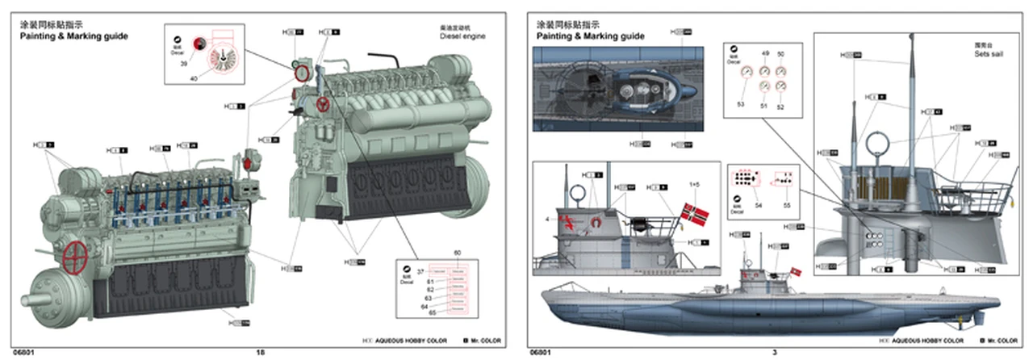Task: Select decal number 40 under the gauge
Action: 194,78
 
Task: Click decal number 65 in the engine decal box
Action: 432,312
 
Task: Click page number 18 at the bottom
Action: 260,352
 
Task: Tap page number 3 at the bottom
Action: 775,352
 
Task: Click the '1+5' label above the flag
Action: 694,185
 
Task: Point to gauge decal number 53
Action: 741,104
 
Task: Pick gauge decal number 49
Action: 765,53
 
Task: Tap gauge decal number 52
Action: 780,106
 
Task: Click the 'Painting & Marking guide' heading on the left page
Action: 73,36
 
